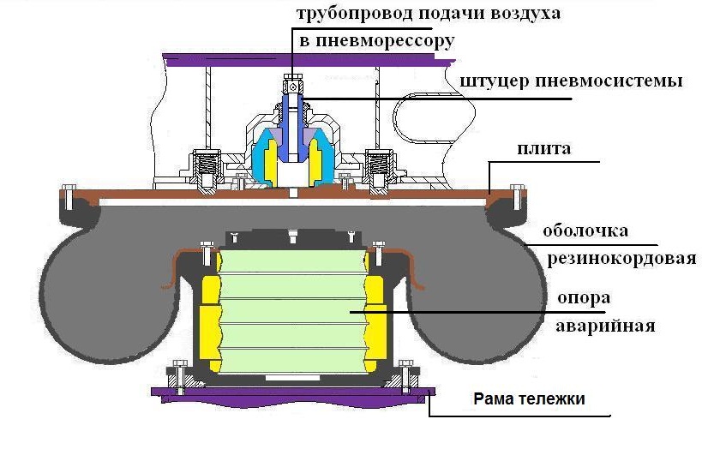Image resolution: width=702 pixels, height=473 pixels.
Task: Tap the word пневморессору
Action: [x=385, y=41]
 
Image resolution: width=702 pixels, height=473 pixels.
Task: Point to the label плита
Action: [x=544, y=148]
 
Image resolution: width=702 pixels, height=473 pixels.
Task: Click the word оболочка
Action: [x=585, y=231]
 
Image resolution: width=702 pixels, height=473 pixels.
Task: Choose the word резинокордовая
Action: [x=622, y=259]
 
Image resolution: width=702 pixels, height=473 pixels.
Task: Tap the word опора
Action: [x=584, y=298]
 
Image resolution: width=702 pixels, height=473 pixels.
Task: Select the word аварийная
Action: [x=605, y=326]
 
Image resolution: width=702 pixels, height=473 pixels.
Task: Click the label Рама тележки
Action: [x=529, y=398]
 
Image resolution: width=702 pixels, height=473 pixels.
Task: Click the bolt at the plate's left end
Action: [x=68, y=197]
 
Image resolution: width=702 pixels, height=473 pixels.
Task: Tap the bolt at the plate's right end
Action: [x=517, y=197]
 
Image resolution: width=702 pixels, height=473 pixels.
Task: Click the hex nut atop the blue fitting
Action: [x=293, y=84]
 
